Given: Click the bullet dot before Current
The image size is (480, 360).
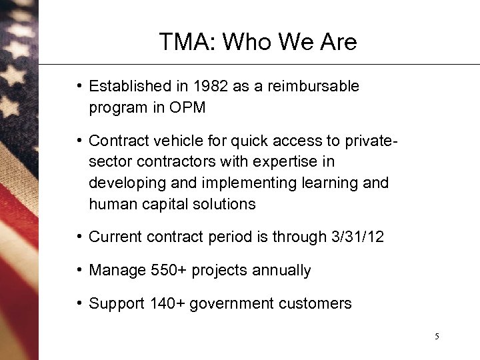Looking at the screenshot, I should (79, 237).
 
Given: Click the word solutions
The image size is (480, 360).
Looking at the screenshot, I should (223, 204).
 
